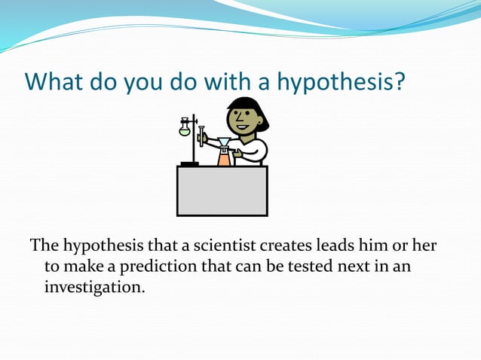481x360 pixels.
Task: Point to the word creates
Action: (286, 246)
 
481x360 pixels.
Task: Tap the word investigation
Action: (93, 286)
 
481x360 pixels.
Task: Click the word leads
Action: (339, 246)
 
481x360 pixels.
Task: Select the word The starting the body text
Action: (44, 246)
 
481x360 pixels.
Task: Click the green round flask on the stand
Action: (185, 131)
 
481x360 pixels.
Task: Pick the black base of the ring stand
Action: (189, 163)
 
